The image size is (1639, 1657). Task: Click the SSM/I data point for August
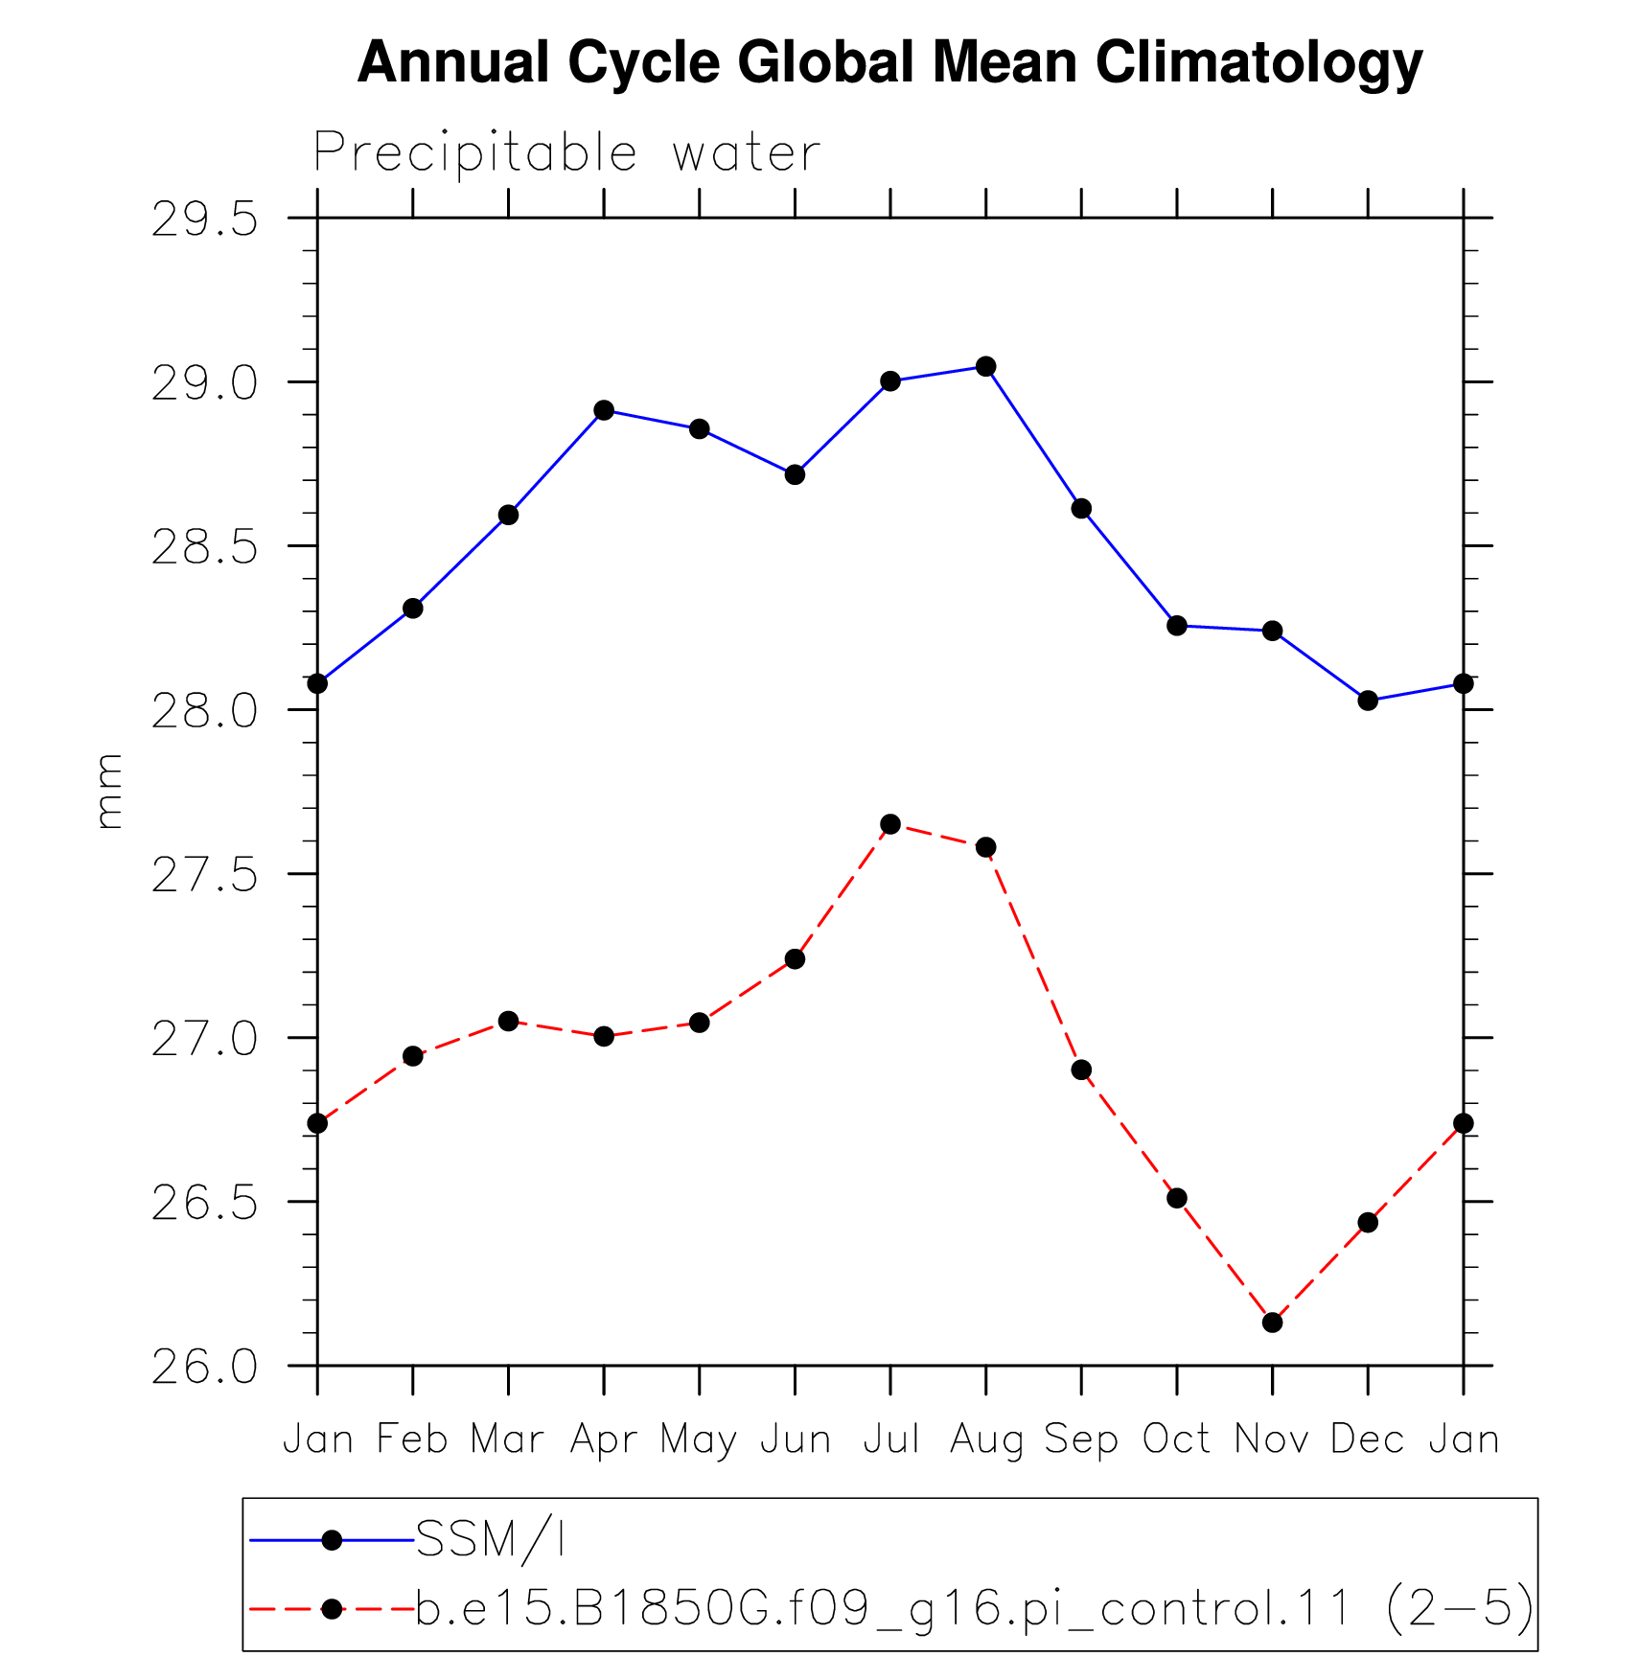[985, 366]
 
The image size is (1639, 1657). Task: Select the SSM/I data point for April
[604, 410]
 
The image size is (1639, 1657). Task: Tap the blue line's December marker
[1368, 701]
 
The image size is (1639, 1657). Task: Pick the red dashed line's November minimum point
[1272, 1323]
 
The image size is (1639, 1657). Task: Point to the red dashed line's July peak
[890, 824]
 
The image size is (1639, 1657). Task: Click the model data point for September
[1081, 1070]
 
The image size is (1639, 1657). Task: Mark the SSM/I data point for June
[795, 474]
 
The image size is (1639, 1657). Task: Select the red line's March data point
[508, 1021]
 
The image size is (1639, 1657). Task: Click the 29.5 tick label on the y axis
[206, 220]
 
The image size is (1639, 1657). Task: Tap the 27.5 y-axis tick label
[206, 876]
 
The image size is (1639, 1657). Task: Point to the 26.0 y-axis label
[206, 1368]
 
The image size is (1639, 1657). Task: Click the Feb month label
[412, 1438]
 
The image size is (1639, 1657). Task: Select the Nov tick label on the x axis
[1272, 1438]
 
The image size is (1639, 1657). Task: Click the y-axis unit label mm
[110, 792]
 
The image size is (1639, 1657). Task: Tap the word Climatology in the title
[1258, 63]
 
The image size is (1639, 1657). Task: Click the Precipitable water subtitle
[567, 153]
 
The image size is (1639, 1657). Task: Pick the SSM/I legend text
[490, 1540]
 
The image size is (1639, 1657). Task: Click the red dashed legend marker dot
[332, 1609]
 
